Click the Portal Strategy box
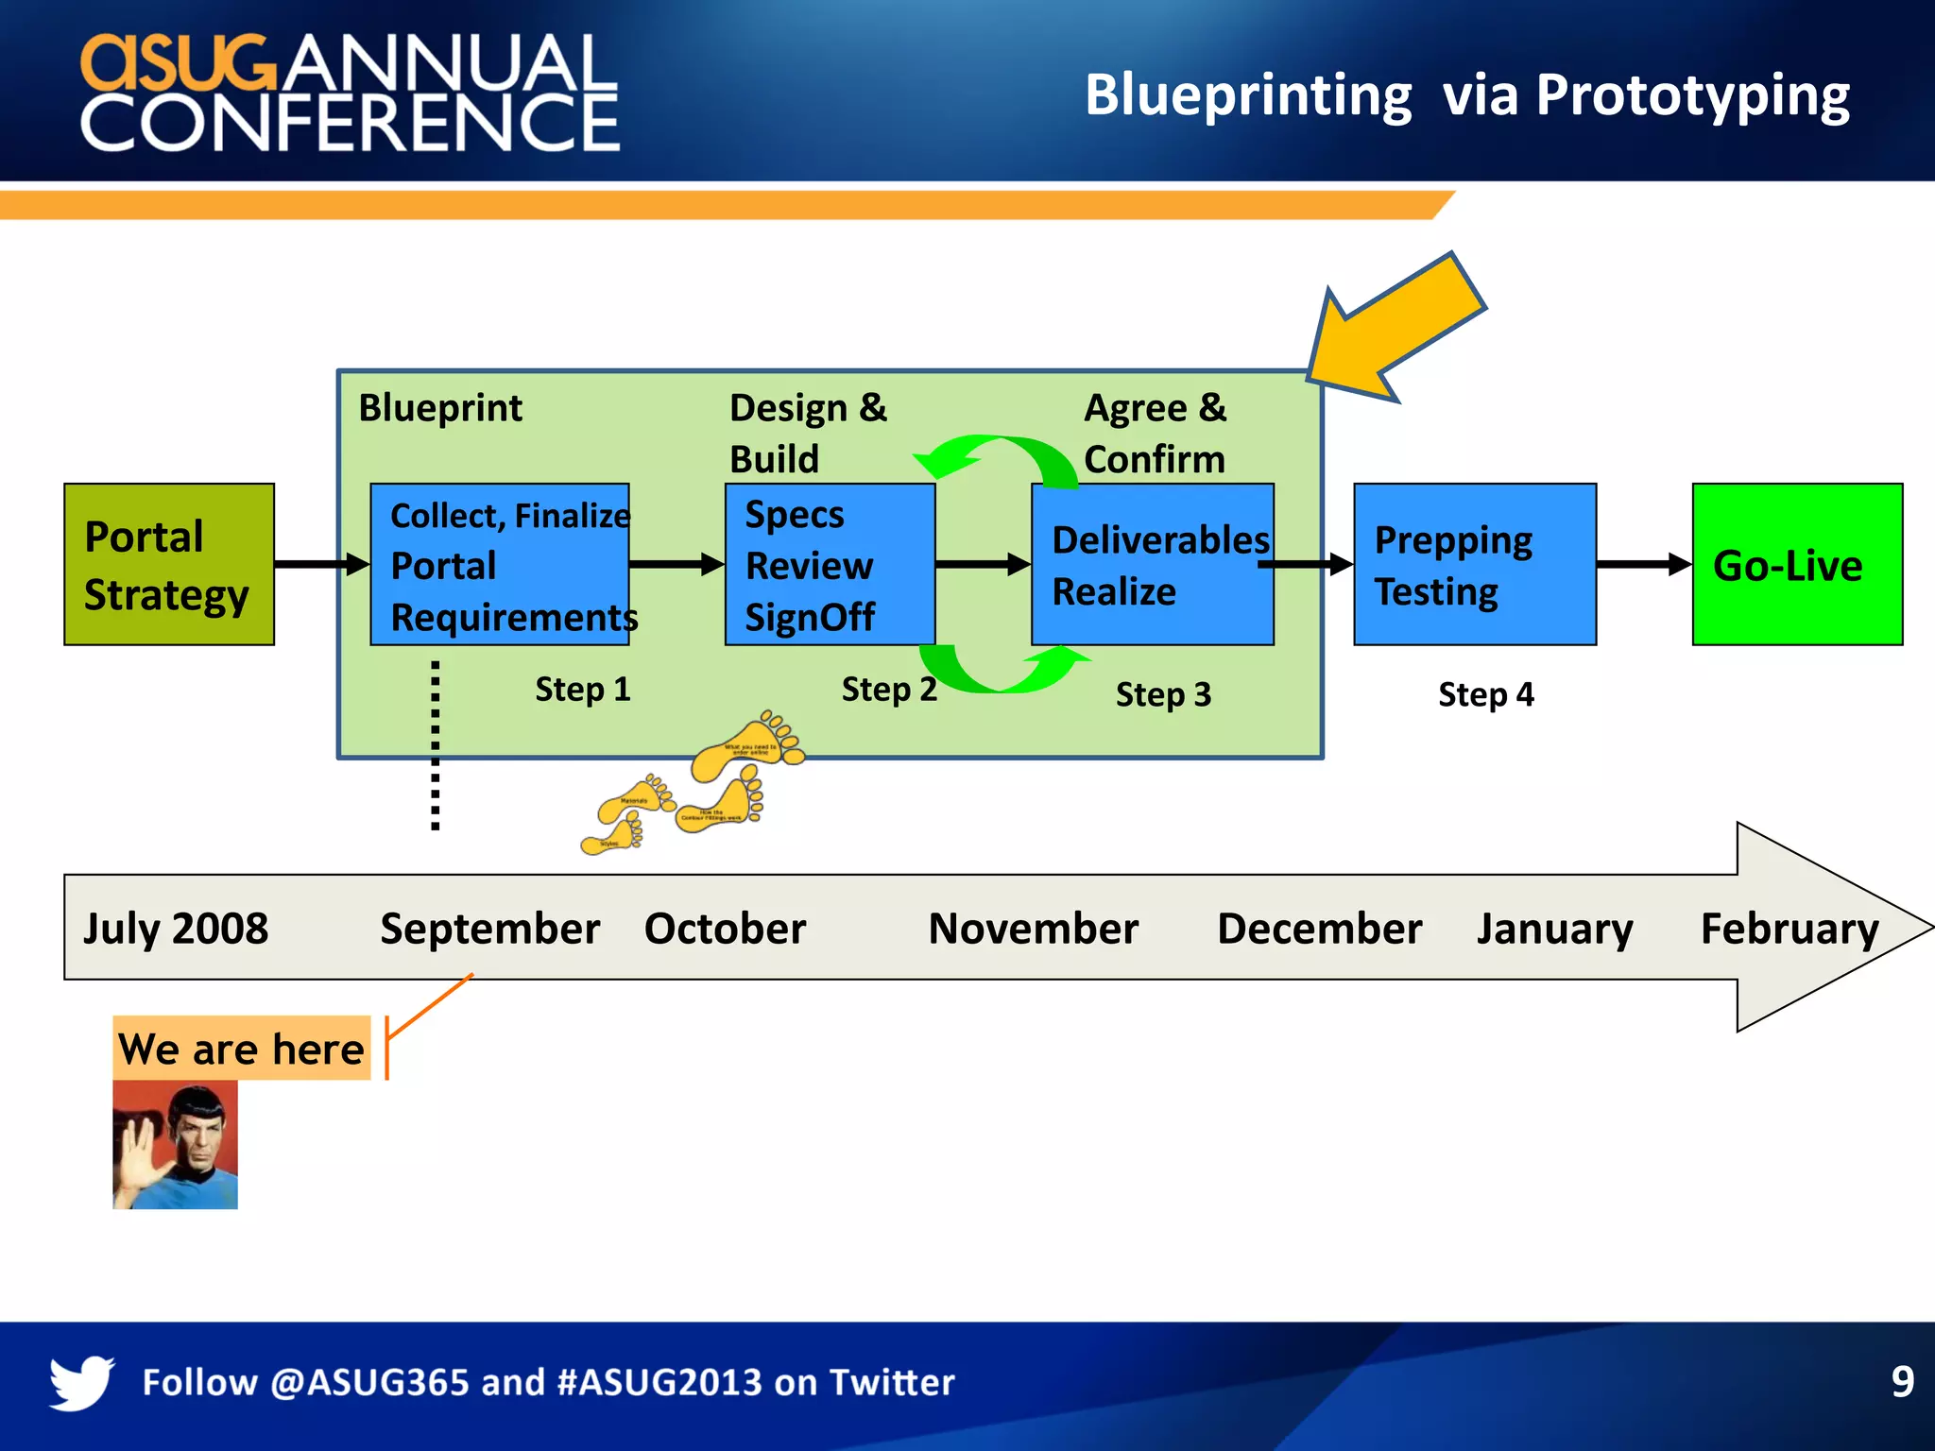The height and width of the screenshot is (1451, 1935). (x=168, y=565)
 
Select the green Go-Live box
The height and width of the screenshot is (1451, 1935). (x=1796, y=565)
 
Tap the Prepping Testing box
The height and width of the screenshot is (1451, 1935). (x=1474, y=565)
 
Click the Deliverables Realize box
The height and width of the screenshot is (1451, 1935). (x=1151, y=565)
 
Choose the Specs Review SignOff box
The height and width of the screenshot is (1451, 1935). (x=829, y=565)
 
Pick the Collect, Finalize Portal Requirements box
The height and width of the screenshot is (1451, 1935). (x=499, y=565)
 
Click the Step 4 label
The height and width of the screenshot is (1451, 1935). (x=1485, y=694)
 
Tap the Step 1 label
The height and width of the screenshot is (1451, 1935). (x=582, y=689)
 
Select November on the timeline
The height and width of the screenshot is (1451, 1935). (x=1033, y=929)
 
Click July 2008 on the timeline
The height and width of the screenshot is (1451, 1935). (x=176, y=929)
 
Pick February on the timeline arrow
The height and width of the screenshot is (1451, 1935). (x=1789, y=929)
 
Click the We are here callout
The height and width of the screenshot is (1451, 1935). (x=241, y=1049)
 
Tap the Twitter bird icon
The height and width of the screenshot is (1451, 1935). (x=81, y=1382)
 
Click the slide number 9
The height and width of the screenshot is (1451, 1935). (x=1902, y=1382)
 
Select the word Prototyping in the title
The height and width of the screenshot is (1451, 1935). (x=1691, y=96)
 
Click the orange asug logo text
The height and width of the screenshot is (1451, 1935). (x=178, y=62)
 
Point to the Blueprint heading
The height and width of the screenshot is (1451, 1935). (x=440, y=408)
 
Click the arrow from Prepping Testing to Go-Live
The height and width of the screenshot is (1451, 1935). (x=1643, y=565)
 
